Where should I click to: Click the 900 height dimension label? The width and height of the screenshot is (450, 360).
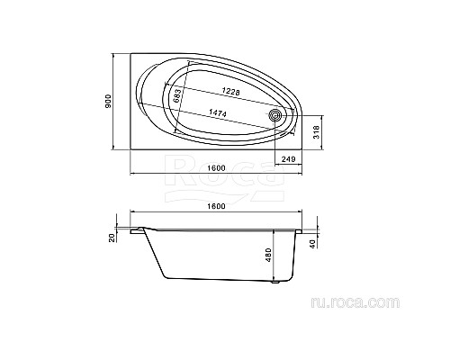point(108,102)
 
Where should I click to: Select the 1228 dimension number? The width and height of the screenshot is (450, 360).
point(231,91)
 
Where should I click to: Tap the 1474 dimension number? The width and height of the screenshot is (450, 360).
point(218,112)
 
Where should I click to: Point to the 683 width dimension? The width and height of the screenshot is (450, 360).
point(177,95)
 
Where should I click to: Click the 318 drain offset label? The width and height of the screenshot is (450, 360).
point(316,132)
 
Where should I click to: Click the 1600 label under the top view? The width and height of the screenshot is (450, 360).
point(216,168)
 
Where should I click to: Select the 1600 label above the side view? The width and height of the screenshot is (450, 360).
point(216,206)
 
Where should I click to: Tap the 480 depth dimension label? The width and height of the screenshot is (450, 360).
point(268,255)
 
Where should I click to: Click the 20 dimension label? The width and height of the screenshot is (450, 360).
point(112,238)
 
